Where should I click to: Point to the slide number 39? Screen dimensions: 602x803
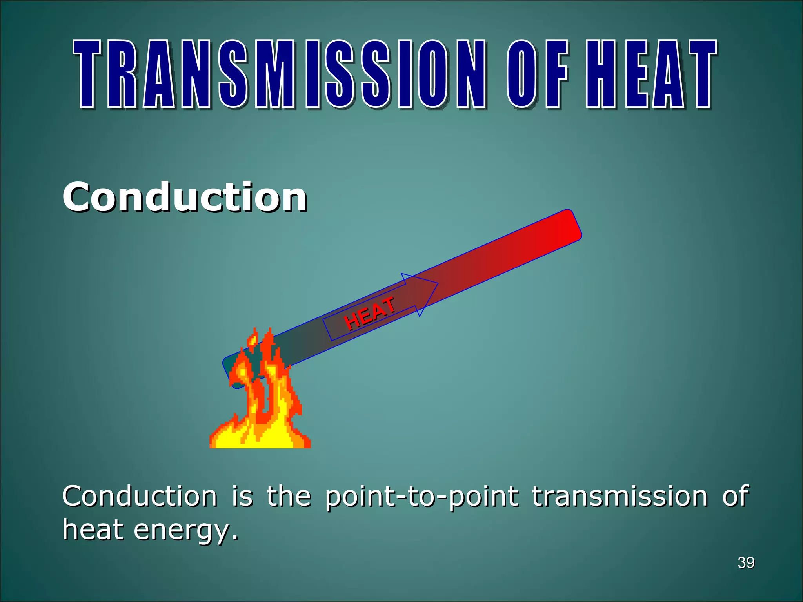[746, 563]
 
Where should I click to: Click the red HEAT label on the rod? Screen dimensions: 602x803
[369, 314]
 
